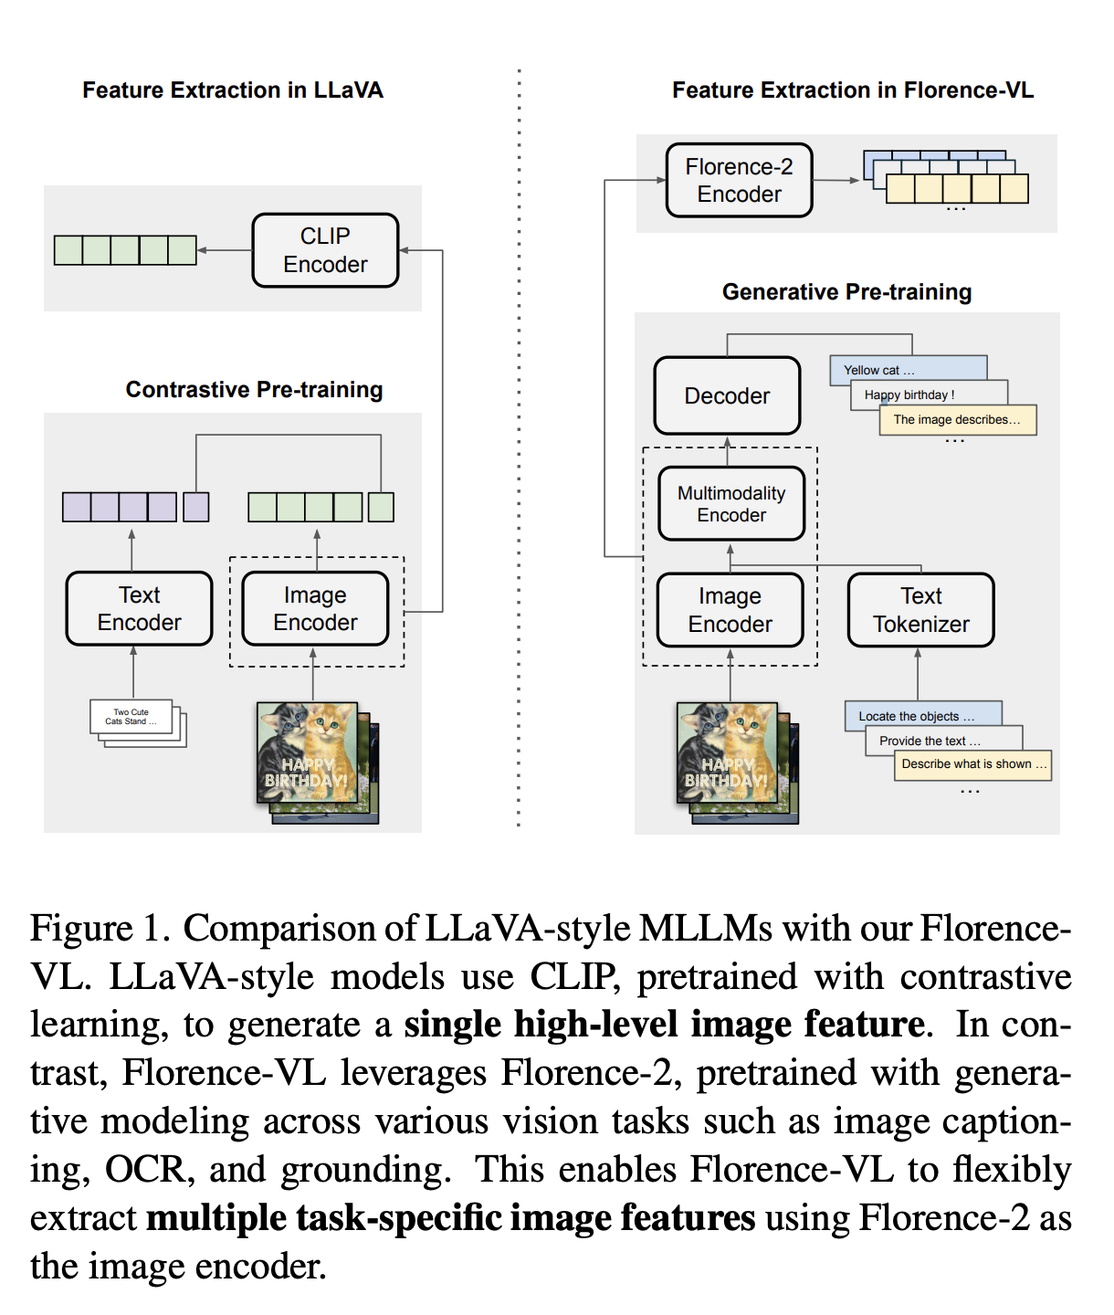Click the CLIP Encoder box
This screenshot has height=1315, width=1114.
point(325,250)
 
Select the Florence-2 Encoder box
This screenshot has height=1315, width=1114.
point(739,181)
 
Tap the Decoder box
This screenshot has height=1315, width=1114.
point(727,395)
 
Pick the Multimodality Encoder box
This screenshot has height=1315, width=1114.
point(731,504)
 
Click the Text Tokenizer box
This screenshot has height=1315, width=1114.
point(920,610)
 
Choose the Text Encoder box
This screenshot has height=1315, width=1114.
point(139,609)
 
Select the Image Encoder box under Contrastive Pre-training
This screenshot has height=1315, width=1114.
point(315,609)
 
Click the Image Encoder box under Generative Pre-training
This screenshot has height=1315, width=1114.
point(730,610)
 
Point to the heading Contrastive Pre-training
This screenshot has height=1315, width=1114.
point(254,390)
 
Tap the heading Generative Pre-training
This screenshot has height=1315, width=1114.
point(846,292)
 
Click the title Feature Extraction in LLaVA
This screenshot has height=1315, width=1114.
point(233,90)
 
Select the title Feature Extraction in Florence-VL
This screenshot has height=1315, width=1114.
point(853,90)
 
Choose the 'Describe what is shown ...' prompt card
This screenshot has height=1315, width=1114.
point(973,764)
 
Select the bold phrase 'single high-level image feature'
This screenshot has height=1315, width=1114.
point(664,1025)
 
